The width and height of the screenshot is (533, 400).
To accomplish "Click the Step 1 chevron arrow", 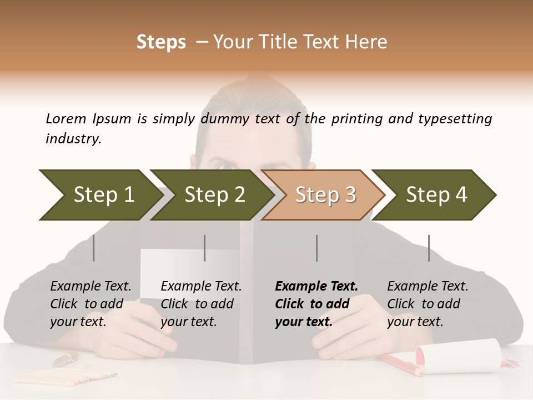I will (100, 194).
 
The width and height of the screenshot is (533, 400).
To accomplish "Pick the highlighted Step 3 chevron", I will (325, 194).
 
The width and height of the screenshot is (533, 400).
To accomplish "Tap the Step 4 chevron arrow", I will (436, 194).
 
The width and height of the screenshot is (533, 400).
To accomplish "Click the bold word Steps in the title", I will (161, 42).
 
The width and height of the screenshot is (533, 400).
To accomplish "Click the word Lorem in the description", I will (66, 118).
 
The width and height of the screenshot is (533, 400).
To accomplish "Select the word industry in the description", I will (73, 138).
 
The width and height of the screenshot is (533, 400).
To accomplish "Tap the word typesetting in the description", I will (455, 119).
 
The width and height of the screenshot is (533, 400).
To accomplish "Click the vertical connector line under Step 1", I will (94, 248).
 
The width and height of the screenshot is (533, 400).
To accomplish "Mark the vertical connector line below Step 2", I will (205, 248).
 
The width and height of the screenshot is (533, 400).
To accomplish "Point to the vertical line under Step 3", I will (316, 248).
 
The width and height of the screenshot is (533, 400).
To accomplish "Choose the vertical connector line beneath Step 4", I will (429, 248).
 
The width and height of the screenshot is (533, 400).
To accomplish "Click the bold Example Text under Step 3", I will (316, 287).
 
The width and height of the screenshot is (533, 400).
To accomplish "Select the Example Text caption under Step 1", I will (90, 287).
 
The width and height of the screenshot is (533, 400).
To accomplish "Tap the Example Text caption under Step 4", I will (428, 287).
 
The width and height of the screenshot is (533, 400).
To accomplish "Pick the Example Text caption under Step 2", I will (201, 287).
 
